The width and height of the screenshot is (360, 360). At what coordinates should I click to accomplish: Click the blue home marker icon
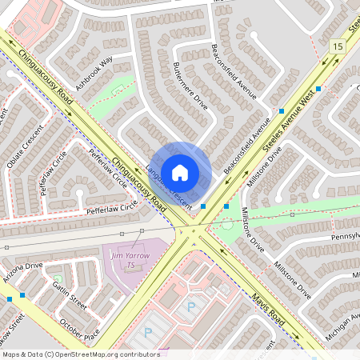[x=180, y=172]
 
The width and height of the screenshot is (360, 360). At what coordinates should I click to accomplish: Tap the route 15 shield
[x=337, y=48]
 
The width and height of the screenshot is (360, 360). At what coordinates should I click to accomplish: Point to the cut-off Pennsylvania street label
[x=342, y=238]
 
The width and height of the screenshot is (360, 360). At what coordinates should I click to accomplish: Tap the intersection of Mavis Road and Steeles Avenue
[x=191, y=233]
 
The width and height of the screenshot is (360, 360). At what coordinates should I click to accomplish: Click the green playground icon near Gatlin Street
[x=56, y=279]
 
